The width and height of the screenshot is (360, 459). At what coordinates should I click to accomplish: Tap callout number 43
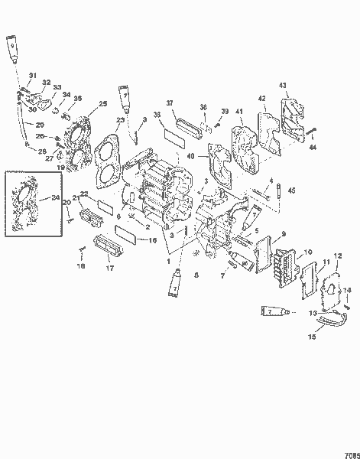pyautogui.click(x=282, y=84)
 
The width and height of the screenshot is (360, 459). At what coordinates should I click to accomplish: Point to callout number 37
pyautogui.click(x=170, y=103)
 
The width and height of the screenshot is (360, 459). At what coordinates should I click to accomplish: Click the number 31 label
pyautogui.click(x=32, y=74)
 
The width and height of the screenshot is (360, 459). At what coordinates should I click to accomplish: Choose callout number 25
pyautogui.click(x=103, y=103)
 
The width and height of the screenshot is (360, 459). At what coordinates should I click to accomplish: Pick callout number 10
pyautogui.click(x=309, y=252)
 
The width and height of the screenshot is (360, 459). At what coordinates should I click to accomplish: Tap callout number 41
pyautogui.click(x=238, y=112)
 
